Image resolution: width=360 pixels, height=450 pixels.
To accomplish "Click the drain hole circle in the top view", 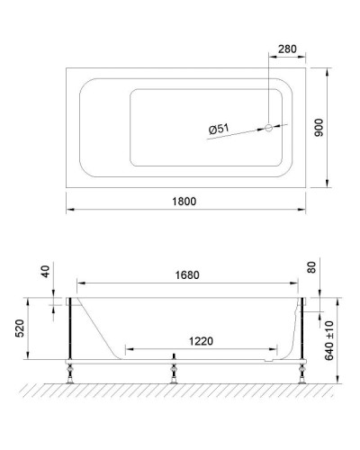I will [x=267, y=128].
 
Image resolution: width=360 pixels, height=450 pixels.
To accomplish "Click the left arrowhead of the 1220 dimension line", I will [x=129, y=347].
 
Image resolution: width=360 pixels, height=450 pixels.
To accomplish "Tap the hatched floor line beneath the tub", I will [x=180, y=386].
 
